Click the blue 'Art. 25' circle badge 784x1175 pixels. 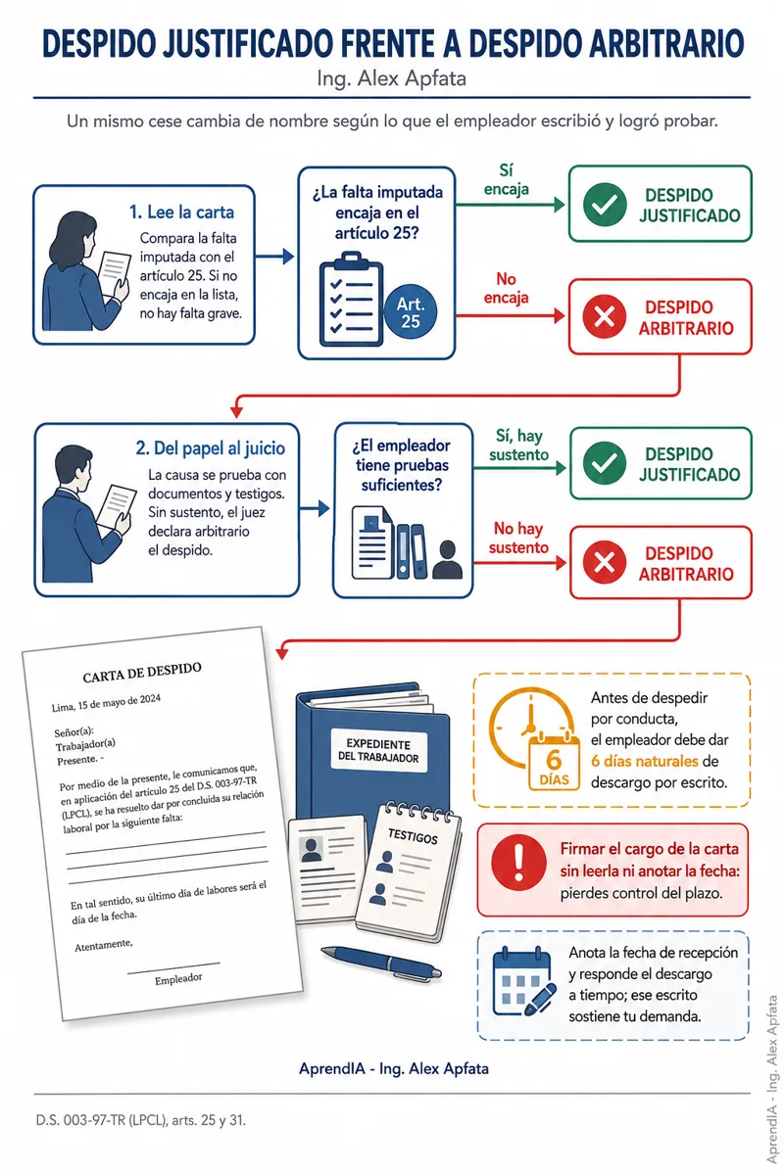point(410,311)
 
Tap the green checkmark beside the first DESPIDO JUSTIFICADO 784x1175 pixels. point(605,205)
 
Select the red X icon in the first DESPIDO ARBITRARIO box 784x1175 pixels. point(605,316)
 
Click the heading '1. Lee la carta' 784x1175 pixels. point(181,211)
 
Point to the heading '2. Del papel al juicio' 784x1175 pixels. point(210,448)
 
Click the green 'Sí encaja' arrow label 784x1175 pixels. point(507,180)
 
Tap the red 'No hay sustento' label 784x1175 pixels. point(518,538)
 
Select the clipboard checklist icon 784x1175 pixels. point(351,299)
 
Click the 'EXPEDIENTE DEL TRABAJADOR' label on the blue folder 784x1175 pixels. point(378,751)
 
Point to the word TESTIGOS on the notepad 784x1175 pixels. point(413,835)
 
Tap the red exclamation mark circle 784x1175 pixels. point(518,863)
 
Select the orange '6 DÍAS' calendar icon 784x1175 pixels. point(554,762)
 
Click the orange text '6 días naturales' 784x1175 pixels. point(644,761)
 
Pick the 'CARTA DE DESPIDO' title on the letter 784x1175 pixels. point(142,673)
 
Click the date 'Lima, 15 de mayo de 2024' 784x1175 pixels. point(106,703)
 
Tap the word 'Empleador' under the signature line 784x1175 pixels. point(178,979)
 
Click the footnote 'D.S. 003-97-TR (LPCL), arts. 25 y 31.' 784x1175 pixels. point(141,1120)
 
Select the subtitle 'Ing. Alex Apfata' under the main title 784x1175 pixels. point(391,78)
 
